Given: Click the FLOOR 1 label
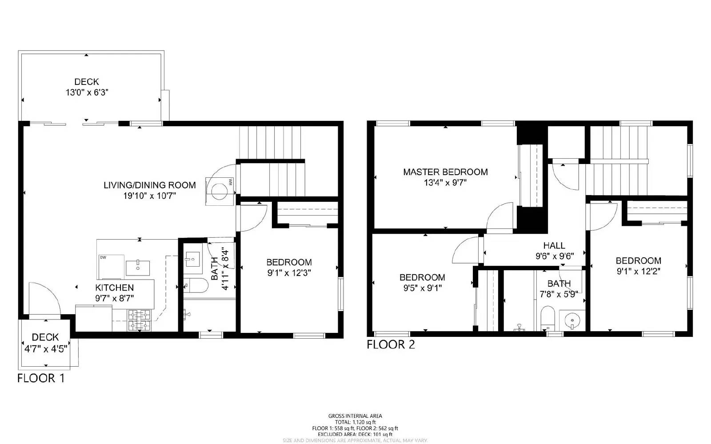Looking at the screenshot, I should tap(41, 378).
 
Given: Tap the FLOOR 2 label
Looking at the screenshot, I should tap(391, 344).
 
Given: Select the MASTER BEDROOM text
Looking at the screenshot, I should tap(445, 172).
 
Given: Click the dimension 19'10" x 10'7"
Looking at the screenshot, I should tap(150, 196).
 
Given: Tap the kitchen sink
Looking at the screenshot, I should tap(138, 268).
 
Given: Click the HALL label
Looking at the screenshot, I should tap(554, 245).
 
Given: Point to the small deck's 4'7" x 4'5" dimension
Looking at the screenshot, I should tap(45, 349).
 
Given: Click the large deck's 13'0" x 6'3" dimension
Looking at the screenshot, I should tap(87, 92).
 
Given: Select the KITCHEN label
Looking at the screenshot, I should tap(114, 288).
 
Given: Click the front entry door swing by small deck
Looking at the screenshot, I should tap(44, 298).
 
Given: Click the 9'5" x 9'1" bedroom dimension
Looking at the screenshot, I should tap(422, 288).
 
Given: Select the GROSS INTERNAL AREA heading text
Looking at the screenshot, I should tap(355, 416).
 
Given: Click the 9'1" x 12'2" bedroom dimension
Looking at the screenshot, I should tap(638, 271).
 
